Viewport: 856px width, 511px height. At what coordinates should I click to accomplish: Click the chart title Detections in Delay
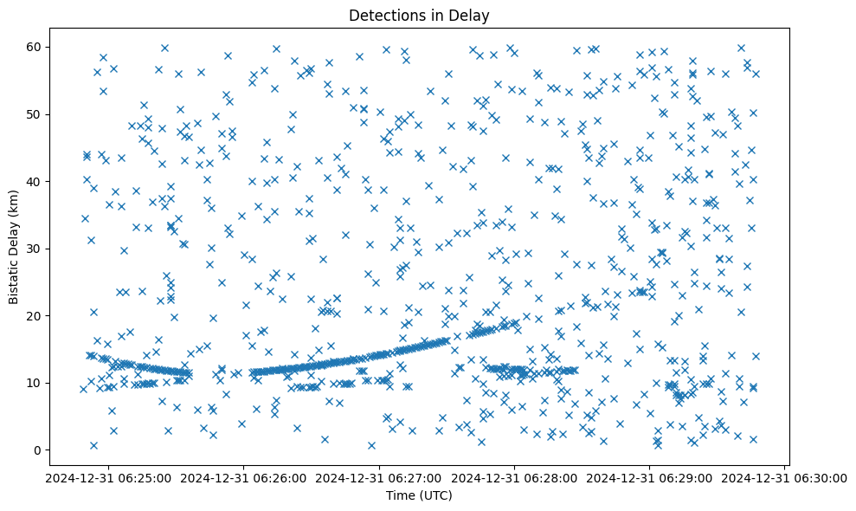[418, 16]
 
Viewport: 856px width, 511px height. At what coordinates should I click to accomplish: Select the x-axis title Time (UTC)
[418, 495]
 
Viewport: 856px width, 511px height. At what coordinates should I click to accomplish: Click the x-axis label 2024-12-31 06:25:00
[109, 477]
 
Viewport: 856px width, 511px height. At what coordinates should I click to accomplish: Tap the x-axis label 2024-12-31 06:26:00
[244, 477]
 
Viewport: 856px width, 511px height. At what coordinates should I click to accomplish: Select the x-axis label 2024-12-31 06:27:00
[379, 477]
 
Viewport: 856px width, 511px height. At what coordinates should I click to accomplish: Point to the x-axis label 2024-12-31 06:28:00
[514, 477]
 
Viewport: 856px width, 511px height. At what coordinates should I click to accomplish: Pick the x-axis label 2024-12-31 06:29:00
[649, 477]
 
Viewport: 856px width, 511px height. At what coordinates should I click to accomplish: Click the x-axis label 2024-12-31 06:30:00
[784, 477]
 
